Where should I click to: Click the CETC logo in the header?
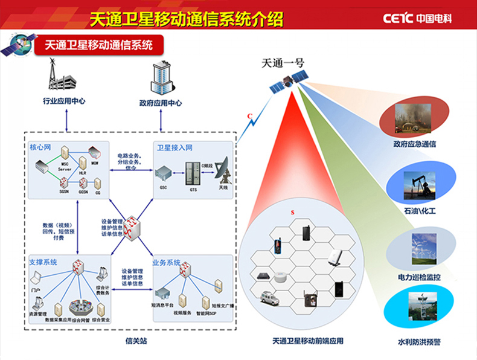(x=417, y=19)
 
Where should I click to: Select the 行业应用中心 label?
(x=64, y=102)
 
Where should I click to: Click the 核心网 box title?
(x=40, y=147)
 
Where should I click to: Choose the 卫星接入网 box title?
(x=174, y=147)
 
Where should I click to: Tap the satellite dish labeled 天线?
(x=223, y=172)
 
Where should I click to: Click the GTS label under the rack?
(x=193, y=190)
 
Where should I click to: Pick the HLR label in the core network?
(x=83, y=173)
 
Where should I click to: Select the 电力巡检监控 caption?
(x=420, y=277)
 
